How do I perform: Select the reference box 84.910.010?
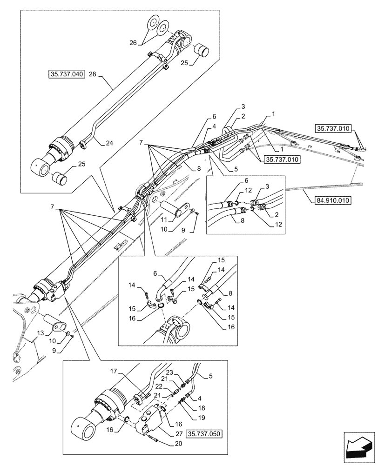(x=328, y=201)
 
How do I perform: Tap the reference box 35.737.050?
(x=204, y=434)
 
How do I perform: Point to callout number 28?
(x=92, y=74)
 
